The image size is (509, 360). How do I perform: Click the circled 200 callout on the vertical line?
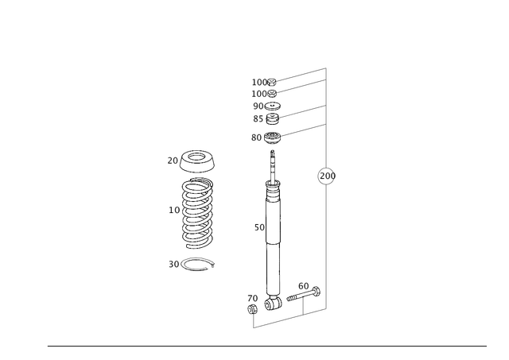pyautogui.click(x=322, y=176)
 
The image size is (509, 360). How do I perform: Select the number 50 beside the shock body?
pyautogui.click(x=257, y=227)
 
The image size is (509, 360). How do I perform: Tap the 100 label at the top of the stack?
pyautogui.click(x=258, y=82)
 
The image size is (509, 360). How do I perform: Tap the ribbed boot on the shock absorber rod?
pyautogui.click(x=273, y=188)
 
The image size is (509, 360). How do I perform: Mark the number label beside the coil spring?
pyautogui.click(x=173, y=210)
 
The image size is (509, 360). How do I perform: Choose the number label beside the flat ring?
pyautogui.click(x=173, y=263)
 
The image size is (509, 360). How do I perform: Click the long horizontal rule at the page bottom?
pyautogui.click(x=266, y=345)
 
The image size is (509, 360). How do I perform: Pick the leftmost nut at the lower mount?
pyautogui.click(x=254, y=301)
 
